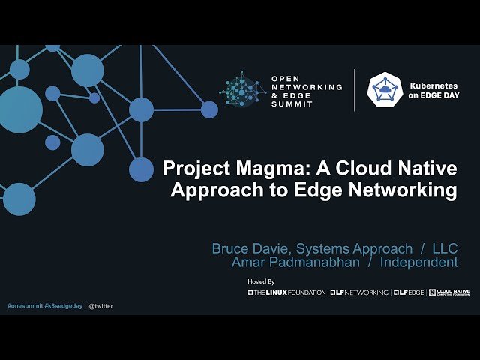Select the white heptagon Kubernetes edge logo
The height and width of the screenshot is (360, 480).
point(385,90)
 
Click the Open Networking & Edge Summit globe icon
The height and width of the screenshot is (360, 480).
point(242,90)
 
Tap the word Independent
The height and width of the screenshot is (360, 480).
point(418,262)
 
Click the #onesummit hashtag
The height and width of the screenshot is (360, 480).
point(24,306)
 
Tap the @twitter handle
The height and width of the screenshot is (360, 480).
point(100,306)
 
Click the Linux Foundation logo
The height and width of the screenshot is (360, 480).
point(287,292)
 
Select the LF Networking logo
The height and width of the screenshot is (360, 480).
point(359,292)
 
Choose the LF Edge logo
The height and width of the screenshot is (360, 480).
point(409,292)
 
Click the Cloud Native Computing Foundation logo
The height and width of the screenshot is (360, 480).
point(449,292)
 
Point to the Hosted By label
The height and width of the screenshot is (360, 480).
point(261,281)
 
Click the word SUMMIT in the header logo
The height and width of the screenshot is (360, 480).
point(292,104)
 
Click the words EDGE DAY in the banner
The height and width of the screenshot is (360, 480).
point(432,95)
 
